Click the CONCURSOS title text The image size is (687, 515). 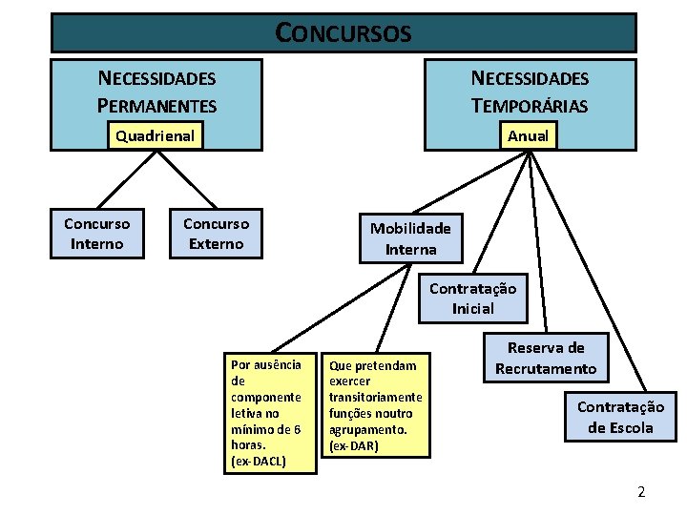343,32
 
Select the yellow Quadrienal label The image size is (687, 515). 156,135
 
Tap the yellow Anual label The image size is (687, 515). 528,135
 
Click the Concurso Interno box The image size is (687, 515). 97,234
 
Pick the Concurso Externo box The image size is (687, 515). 216,234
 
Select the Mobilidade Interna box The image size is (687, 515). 411,238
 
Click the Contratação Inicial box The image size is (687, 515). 473,299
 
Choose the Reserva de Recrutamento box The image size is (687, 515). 547,358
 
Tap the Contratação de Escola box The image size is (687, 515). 621,417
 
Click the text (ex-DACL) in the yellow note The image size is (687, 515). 259,462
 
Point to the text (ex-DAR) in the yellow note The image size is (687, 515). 354,445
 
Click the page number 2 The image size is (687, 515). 641,492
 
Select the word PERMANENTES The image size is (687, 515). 156,106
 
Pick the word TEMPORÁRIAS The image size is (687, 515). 530,106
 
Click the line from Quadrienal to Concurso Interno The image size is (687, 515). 127,180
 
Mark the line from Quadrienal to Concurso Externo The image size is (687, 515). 187,180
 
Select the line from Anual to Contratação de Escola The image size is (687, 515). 588,272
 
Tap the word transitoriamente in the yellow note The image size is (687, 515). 376,397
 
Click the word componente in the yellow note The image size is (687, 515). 266,397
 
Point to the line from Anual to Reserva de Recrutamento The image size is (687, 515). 537,241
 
